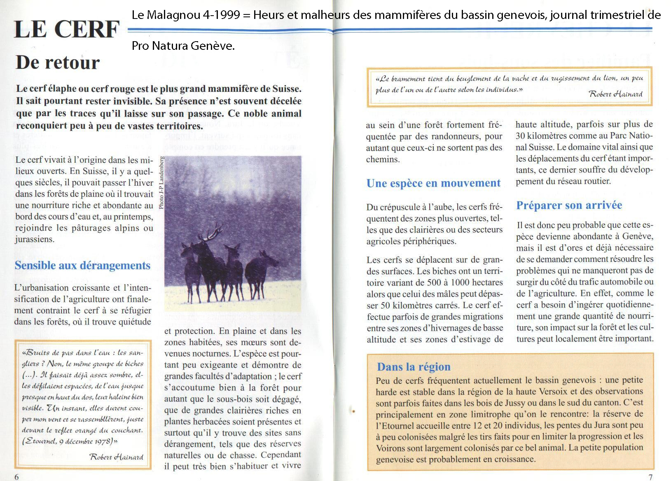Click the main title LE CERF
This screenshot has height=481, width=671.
click(66, 30)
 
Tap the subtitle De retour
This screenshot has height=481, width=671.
click(58, 63)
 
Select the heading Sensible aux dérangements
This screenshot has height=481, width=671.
click(82, 266)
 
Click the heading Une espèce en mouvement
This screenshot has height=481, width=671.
click(433, 183)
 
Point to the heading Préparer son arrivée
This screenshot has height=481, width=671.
click(569, 205)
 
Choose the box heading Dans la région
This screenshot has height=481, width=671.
click(414, 367)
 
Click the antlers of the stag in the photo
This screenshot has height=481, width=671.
click(210, 235)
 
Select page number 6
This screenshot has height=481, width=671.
click(17, 476)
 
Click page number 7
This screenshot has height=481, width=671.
click(650, 477)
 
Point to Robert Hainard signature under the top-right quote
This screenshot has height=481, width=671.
click(615, 94)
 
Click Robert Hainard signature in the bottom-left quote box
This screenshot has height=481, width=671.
click(116, 457)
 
